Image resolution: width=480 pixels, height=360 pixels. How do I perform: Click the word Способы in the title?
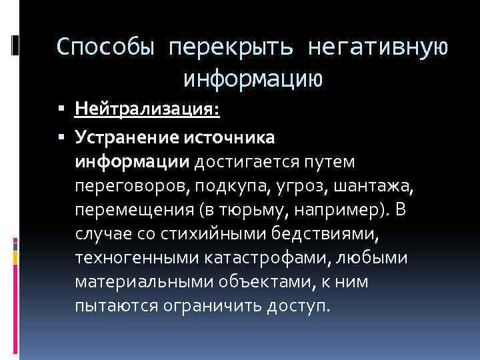click(106, 47)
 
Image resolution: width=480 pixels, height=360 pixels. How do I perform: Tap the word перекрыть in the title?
click(231, 47)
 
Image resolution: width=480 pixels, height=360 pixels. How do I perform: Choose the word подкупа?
click(212, 187)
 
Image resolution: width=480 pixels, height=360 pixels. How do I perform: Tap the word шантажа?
click(376, 187)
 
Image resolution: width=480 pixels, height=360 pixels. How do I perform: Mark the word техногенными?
click(131, 259)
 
